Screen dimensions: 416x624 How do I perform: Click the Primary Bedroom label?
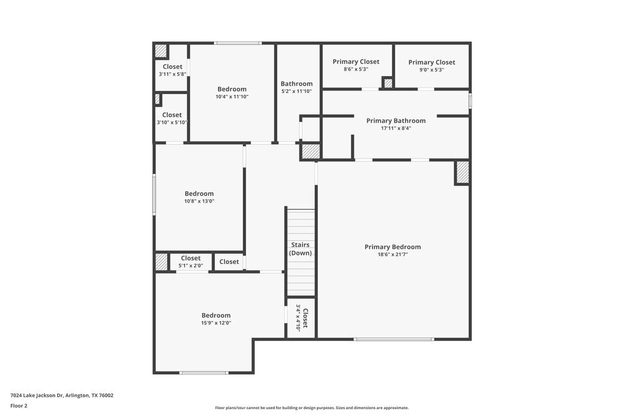(392, 247)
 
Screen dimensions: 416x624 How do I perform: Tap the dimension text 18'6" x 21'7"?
(392, 254)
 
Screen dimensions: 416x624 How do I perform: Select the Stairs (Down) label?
(300, 249)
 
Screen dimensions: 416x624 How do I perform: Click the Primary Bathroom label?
(396, 121)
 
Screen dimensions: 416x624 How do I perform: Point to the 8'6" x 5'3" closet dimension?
(356, 69)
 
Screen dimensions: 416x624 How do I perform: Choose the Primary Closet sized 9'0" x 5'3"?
(431, 62)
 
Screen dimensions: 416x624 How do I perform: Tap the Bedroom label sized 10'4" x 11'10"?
(232, 89)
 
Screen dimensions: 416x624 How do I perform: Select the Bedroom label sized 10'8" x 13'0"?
(199, 194)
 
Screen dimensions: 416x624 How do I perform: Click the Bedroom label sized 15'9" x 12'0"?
(216, 316)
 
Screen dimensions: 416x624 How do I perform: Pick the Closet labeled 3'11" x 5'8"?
(172, 67)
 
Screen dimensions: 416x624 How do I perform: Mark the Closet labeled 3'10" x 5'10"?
(172, 115)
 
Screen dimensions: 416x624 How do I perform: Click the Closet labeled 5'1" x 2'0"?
(190, 258)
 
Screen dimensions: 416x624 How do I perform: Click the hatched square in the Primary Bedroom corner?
(462, 172)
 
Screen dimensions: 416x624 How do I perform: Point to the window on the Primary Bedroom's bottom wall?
(394, 339)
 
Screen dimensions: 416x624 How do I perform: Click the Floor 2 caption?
(19, 405)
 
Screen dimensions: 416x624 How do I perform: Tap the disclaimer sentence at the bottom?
(312, 408)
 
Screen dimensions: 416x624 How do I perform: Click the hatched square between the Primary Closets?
(388, 83)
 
